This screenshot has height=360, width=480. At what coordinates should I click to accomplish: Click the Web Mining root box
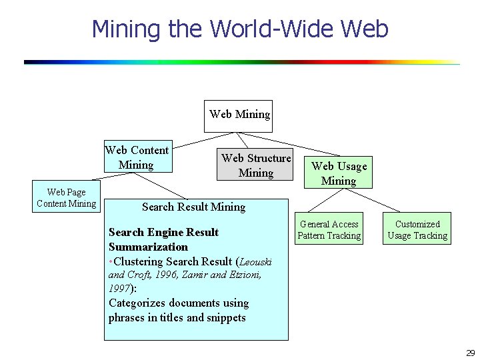[239, 114]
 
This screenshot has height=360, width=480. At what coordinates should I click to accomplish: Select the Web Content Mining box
[137, 157]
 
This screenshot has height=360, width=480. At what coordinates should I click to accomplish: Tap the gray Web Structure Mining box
[256, 165]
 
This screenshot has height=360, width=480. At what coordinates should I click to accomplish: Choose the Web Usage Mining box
[339, 173]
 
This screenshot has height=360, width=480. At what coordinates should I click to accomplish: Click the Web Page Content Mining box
[66, 198]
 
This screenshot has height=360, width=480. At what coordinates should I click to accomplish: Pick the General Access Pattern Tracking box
[329, 229]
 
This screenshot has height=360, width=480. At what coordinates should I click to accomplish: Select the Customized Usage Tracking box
[417, 229]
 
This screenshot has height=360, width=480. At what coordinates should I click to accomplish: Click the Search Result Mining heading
[193, 207]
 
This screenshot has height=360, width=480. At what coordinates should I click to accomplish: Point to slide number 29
[470, 353]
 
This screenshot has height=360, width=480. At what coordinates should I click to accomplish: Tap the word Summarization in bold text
[148, 247]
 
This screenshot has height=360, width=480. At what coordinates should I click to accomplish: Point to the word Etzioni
[245, 275]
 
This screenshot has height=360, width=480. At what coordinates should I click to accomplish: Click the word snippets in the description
[225, 317]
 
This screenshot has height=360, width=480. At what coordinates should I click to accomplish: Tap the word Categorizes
[138, 303]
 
